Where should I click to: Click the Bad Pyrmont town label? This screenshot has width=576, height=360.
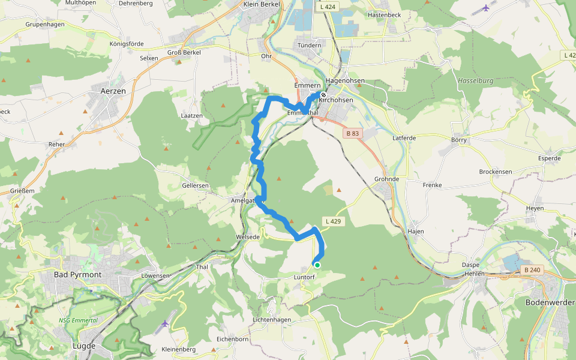tap(77, 274)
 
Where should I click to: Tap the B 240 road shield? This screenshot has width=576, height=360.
tap(531, 270)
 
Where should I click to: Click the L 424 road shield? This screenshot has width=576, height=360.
tap(328, 7)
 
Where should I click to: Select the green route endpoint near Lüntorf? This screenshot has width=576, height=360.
tap(317, 265)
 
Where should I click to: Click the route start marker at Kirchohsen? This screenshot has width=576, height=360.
tap(323, 95)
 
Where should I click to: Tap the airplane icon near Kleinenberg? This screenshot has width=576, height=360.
tap(166, 323)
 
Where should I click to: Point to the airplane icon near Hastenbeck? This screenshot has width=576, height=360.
tap(485, 8)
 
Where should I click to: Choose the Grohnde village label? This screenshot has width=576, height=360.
tap(386, 179)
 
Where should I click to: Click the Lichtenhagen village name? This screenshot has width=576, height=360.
tap(272, 320)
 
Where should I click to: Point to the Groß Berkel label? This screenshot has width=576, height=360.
tap(184, 52)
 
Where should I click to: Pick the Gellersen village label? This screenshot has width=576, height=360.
tap(195, 185)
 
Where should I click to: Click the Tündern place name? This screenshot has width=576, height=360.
tap(310, 45)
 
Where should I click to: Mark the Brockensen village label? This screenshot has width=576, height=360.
tap(496, 172)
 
